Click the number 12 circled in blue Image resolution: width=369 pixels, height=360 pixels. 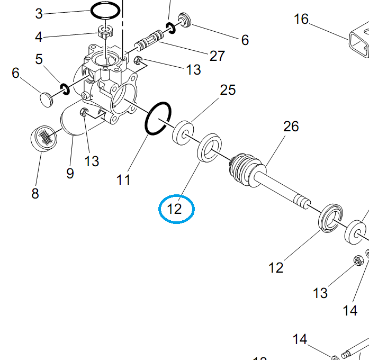click(x=174, y=209)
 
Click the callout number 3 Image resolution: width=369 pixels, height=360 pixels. click(x=39, y=14)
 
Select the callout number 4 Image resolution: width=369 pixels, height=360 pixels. click(x=39, y=37)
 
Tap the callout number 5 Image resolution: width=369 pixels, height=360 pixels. click(x=39, y=59)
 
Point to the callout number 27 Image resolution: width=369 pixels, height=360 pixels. click(x=217, y=56)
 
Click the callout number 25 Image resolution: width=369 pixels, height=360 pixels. click(x=228, y=90)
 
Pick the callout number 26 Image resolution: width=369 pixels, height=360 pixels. click(x=291, y=127)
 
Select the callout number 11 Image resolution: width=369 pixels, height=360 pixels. click(x=123, y=180)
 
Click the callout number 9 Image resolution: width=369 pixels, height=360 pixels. click(x=70, y=174)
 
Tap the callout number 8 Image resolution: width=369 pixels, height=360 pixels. click(x=35, y=193)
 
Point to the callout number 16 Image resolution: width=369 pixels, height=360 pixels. click(x=301, y=19)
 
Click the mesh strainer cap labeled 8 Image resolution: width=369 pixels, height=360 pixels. click(x=44, y=139)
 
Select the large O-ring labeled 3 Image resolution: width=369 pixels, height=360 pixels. click(x=105, y=10)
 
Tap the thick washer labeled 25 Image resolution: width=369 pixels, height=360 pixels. click(x=183, y=133)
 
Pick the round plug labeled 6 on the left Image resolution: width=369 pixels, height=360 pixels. click(x=47, y=100)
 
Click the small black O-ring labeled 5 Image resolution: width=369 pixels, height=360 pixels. click(x=65, y=89)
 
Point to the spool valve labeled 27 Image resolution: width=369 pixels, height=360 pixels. click(x=149, y=40)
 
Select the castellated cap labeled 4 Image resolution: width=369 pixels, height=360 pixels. click(x=106, y=32)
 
